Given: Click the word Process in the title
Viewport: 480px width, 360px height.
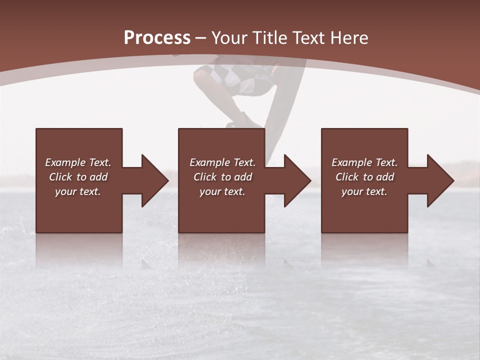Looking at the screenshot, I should pos(157,38).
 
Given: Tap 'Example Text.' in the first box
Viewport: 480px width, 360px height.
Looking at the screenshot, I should pos(78,162).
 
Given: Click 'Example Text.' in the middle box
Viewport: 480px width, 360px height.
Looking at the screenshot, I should pos(222,162).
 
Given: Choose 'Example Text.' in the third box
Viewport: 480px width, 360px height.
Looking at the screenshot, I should pos(364,162).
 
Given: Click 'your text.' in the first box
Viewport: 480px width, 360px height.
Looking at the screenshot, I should pos(78,191).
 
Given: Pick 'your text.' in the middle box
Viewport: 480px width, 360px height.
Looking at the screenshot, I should pos(222,191).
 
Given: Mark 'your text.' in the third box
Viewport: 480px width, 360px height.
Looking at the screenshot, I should pos(364,191).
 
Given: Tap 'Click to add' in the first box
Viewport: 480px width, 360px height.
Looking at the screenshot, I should pos(78,177).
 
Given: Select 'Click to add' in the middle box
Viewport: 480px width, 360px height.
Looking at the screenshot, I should pos(222,177).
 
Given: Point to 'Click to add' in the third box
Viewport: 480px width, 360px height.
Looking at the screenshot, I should pos(364,177).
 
